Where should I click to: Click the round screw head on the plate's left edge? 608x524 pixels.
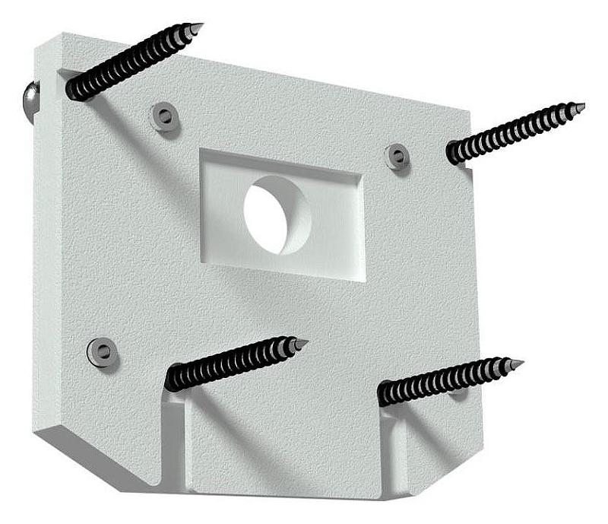pos(28,100)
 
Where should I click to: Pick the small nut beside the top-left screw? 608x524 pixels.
pos(163,116)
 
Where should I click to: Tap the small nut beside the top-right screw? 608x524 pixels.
pos(397,156)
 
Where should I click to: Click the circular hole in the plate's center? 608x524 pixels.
pos(277,215)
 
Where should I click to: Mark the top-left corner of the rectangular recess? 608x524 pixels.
pos(201,151)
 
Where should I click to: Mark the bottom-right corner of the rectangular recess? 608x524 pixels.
pos(364,281)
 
